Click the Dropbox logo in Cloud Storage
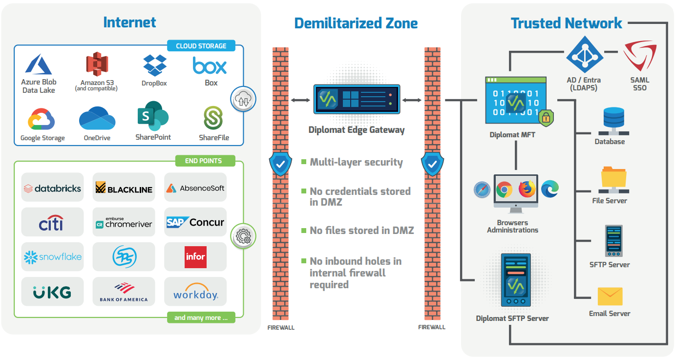click(155, 65)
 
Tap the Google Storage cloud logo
click(42, 119)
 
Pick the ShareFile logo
click(213, 118)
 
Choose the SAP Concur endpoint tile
click(195, 222)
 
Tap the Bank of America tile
click(124, 291)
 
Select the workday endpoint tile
click(195, 292)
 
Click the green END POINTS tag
click(204, 161)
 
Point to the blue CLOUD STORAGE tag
click(201, 46)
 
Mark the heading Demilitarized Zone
click(356, 23)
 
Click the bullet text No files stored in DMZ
click(361, 230)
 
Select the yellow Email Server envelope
click(610, 296)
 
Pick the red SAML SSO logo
click(639, 57)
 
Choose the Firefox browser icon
click(527, 189)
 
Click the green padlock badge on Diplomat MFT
click(546, 117)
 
